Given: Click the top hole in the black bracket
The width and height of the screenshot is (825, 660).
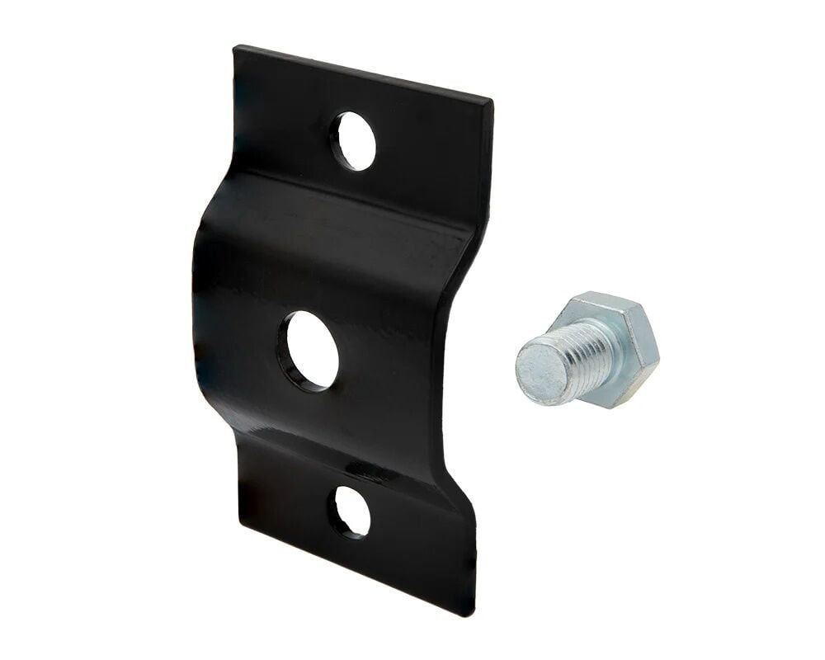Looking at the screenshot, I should (x=353, y=140).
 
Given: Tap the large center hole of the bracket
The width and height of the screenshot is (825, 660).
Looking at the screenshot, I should (x=308, y=351).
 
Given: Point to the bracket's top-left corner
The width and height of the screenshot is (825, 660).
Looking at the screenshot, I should (x=237, y=49).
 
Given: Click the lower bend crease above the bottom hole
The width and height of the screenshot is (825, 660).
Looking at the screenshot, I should (x=346, y=462).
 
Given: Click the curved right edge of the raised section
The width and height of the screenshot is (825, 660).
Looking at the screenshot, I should (x=450, y=346).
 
